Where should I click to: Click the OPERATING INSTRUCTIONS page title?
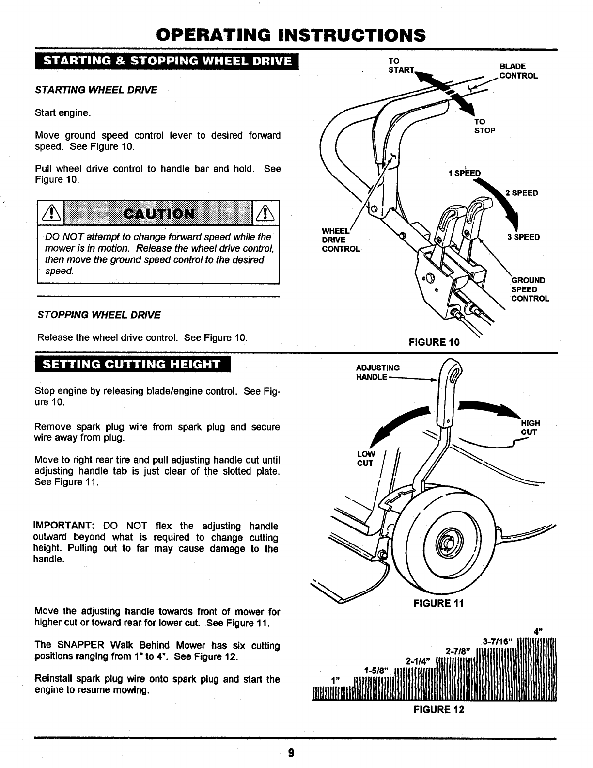coord(291,35)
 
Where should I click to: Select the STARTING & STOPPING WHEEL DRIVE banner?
coord(168,61)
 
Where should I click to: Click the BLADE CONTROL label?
coord(518,71)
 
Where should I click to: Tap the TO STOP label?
coord(484,126)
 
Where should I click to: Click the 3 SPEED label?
coord(523,237)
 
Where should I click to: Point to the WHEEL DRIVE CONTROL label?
coord(341,240)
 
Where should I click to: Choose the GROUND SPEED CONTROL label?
coord(530,289)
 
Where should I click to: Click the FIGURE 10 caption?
coord(434,342)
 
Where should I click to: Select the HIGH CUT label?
coord(530,428)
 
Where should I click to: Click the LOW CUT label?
coord(365,459)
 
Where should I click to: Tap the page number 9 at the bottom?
coord(291,753)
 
